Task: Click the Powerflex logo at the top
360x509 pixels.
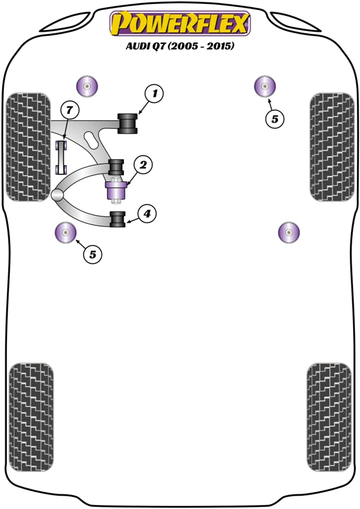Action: [x=180, y=24]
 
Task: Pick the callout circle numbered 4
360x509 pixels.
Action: [x=146, y=214]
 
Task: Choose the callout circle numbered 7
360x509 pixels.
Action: [x=70, y=111]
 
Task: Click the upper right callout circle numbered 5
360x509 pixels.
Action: [x=274, y=118]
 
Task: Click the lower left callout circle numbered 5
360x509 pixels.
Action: [x=93, y=254]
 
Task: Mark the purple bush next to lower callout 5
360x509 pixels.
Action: [x=65, y=233]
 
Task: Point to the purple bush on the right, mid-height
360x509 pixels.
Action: [x=288, y=233]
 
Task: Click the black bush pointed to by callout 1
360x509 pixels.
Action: [x=128, y=123]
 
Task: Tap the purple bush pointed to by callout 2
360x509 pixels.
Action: [x=116, y=190]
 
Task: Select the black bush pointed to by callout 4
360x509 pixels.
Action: [x=117, y=218]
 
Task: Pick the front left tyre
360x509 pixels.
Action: [x=28, y=147]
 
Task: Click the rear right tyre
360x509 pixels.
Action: [x=329, y=417]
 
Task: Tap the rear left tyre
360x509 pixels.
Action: [x=31, y=417]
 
